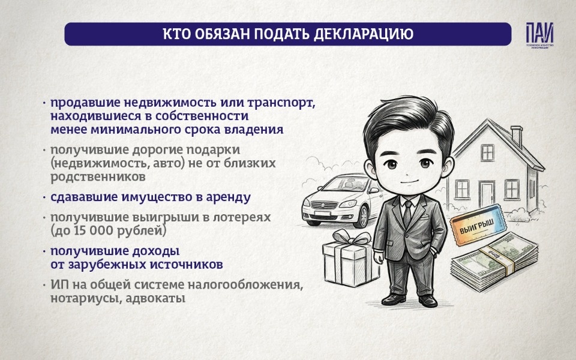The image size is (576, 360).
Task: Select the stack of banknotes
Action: point(492,267)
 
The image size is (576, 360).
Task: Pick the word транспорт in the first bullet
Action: point(282,103)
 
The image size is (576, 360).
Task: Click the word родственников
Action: point(98,176)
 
